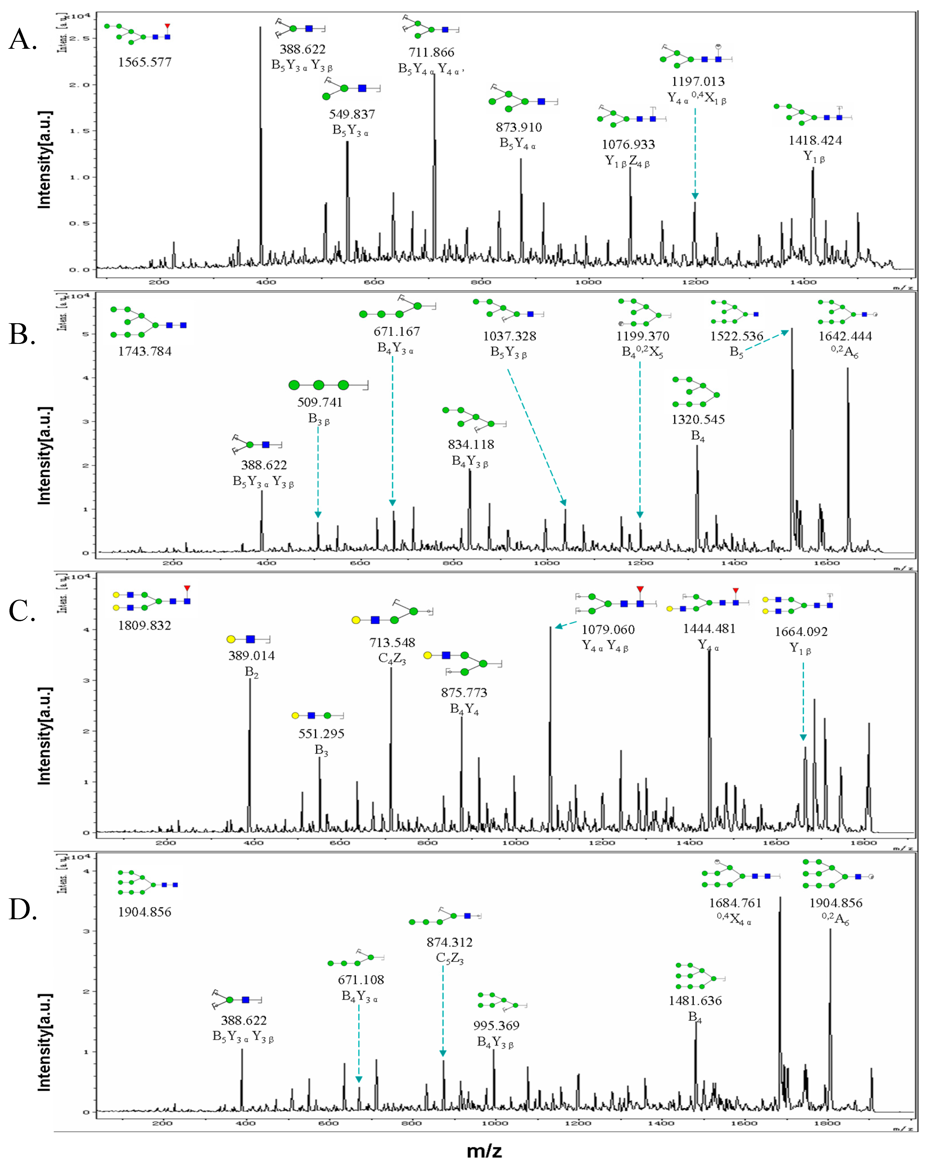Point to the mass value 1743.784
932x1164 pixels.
point(145,352)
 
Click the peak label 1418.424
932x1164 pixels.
point(815,140)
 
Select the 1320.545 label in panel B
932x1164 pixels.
point(698,419)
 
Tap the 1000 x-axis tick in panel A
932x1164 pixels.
point(588,282)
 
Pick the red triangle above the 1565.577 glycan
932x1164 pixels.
point(167,26)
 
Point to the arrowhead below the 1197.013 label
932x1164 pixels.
point(695,196)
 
